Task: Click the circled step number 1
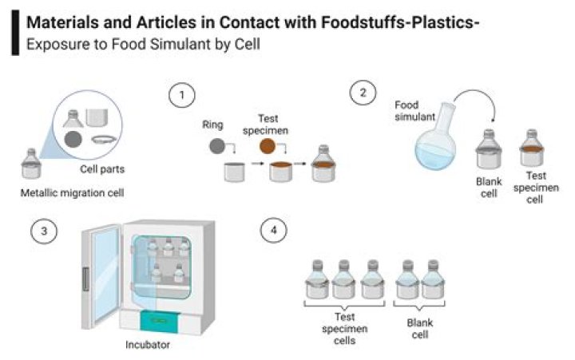tap(182, 96)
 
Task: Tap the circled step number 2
tap(363, 93)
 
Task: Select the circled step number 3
tap(44, 231)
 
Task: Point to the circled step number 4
tap(274, 231)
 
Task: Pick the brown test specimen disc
tap(268, 147)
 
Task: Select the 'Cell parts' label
tap(104, 169)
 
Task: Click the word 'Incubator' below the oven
tap(148, 345)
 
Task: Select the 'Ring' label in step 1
tap(212, 125)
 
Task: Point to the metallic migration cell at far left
tap(33, 164)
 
